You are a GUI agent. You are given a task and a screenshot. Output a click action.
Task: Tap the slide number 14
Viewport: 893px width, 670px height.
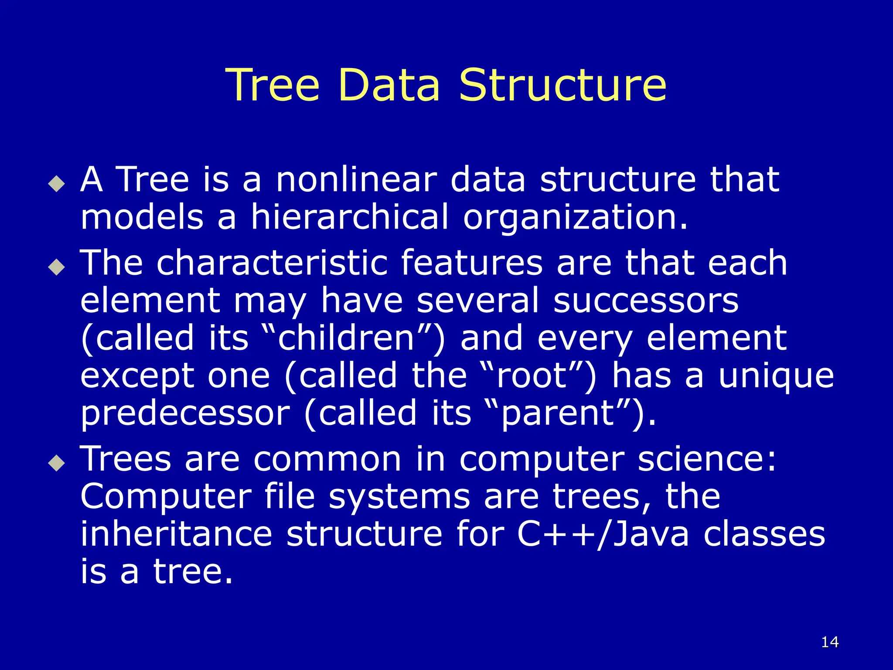tap(830, 642)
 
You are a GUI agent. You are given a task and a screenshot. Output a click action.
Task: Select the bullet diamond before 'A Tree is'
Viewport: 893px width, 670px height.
tap(57, 184)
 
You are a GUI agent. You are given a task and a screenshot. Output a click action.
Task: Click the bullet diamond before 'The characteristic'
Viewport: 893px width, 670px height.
tap(57, 267)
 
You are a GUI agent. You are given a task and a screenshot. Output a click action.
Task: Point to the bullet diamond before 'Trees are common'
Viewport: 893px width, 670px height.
tap(57, 463)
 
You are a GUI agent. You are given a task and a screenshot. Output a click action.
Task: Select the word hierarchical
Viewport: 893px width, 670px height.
tap(349, 217)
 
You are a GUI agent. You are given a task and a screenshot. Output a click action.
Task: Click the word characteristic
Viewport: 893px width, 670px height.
tap(272, 263)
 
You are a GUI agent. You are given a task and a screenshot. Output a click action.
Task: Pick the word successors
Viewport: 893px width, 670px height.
tap(646, 301)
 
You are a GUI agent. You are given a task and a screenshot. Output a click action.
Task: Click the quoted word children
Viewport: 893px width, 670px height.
tap(346, 338)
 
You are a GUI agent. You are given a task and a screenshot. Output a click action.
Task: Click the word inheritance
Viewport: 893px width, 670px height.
tap(177, 534)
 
